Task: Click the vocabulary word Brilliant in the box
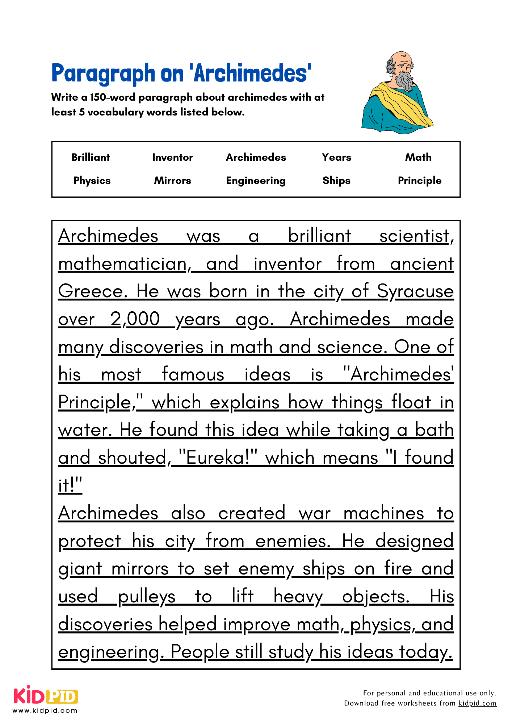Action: point(91,157)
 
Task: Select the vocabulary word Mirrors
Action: point(172,181)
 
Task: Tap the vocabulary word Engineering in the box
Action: point(256,181)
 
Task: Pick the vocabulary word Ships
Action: point(336,181)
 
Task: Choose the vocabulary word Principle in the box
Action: point(419,181)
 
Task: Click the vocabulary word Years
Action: point(336,157)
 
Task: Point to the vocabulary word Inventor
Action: point(172,157)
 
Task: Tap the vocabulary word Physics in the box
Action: point(92,181)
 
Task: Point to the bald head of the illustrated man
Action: point(401,58)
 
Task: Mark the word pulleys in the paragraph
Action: point(147,597)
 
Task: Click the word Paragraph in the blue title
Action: point(103,73)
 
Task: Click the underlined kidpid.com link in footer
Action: point(477,703)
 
